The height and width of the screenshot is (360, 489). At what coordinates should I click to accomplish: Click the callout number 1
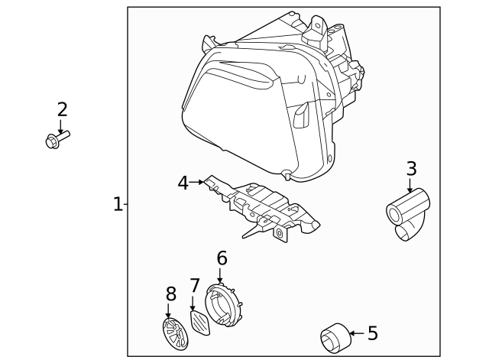(x=118, y=204)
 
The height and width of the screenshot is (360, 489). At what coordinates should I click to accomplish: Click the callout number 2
(x=62, y=109)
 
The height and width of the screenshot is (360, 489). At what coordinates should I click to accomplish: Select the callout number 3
(x=411, y=168)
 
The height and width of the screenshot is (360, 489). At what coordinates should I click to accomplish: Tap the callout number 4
(x=183, y=183)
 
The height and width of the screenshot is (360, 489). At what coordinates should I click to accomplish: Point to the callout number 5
(x=372, y=333)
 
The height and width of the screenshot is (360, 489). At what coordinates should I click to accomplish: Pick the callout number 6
(x=222, y=258)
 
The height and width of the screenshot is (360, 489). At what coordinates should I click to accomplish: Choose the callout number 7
(x=194, y=285)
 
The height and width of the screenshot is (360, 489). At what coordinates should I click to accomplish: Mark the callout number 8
(x=170, y=293)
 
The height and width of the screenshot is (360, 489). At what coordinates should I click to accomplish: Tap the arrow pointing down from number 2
(x=62, y=126)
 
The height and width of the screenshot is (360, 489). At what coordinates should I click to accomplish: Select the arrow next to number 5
(x=355, y=333)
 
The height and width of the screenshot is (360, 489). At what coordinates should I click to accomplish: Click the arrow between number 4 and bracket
(x=198, y=183)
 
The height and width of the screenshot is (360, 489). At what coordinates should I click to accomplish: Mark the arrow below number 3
(x=411, y=186)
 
